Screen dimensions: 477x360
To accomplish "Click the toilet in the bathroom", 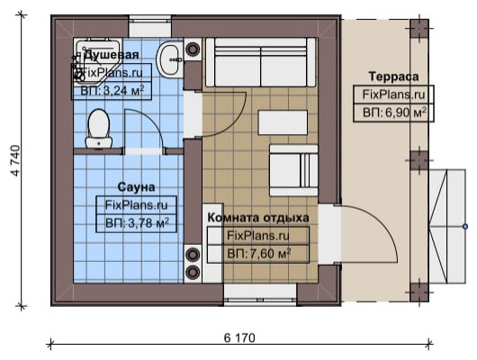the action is point(99,129).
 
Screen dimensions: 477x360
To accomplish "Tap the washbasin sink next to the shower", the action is point(170,59).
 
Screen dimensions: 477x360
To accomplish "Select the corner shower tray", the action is point(97,60).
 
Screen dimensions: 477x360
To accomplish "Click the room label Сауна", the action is point(136,187).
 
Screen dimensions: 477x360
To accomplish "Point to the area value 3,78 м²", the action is point(137,223).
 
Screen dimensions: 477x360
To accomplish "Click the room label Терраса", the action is point(393,76).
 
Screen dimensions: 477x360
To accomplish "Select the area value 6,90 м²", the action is point(394,112).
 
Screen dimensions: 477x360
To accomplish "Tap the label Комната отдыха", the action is point(258,218).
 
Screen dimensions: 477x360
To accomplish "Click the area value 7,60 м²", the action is point(259,254).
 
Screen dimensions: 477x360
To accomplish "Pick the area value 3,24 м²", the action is point(112,90).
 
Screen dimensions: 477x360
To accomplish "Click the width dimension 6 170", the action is point(239,337).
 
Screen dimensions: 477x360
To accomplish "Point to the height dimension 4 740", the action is point(16,160).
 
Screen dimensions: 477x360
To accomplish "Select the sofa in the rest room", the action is point(260,62).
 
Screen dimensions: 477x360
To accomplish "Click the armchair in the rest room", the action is point(293,170).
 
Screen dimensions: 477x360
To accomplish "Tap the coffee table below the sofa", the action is point(283,122).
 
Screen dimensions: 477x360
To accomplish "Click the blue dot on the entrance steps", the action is point(465,227).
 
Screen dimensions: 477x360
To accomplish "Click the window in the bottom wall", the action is point(260,294).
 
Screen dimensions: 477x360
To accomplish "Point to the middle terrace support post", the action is point(419,160).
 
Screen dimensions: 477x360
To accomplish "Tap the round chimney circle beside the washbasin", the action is point(193,49).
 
